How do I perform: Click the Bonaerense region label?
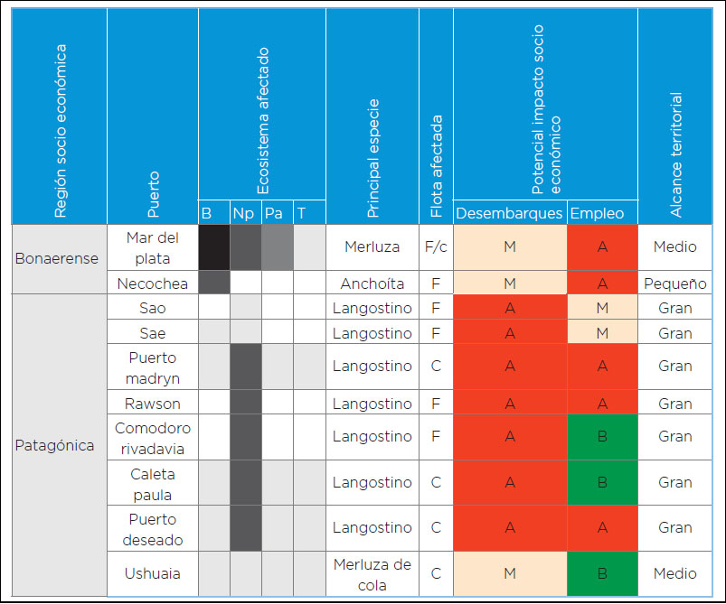(x=57, y=258)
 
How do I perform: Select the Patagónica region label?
(x=54, y=445)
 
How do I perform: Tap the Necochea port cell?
(x=152, y=283)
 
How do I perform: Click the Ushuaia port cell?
(x=152, y=574)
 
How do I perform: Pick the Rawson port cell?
(x=152, y=404)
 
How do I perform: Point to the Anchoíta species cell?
(x=372, y=283)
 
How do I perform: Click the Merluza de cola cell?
(x=372, y=574)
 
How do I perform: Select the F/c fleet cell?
(x=435, y=246)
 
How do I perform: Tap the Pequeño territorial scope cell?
(x=674, y=283)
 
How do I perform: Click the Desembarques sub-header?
(x=509, y=213)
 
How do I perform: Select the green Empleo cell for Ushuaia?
(x=601, y=574)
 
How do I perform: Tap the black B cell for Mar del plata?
(x=213, y=246)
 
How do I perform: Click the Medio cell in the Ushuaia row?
(x=674, y=574)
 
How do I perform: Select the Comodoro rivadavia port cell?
(x=152, y=437)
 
